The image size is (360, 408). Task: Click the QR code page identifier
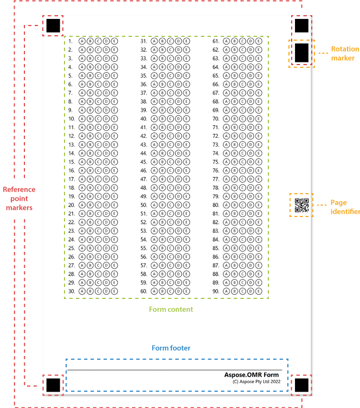pos(301,206)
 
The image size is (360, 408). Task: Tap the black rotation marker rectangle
pos(301,53)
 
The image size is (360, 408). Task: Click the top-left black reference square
pos(53,25)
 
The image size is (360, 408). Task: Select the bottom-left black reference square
pos(53,385)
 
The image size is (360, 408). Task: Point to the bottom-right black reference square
pos(301,385)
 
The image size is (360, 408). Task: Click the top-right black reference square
pos(301,25)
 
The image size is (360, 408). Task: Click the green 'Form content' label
pos(171,309)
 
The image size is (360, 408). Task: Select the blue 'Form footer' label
pos(171,348)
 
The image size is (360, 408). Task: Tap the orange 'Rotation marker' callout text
pos(345,53)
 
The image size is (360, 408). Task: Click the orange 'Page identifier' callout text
pos(345,207)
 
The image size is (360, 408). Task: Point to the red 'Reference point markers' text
pos(19,198)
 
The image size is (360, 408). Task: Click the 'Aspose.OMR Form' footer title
pos(252,375)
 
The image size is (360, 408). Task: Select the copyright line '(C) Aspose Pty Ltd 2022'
pos(256,381)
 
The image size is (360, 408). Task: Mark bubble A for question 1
pos(82,41)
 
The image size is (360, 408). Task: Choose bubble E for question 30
pos(114,291)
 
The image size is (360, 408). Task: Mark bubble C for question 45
pos(170,162)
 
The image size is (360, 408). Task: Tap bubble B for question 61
pos(234,41)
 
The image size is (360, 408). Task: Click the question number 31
pos(144,41)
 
